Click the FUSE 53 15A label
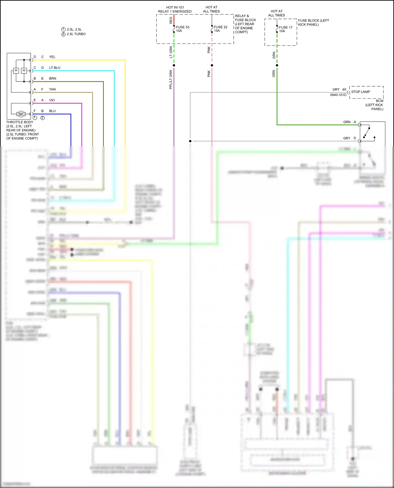[x=182, y=29]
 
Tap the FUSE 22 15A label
[x=220, y=29]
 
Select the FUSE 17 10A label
[x=285, y=29]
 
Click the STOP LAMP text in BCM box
[x=360, y=92]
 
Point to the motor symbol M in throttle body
[x=21, y=114]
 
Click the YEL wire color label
[x=52, y=57]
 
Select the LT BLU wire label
[x=55, y=68]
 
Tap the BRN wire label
[x=53, y=78]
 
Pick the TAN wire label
[x=52, y=89]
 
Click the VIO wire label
[x=52, y=100]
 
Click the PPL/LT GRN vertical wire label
[x=171, y=79]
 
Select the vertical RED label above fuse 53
[x=171, y=20]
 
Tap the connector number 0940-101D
[x=338, y=95]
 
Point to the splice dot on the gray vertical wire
[x=190, y=141]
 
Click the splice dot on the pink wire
[x=212, y=65]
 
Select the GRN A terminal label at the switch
[x=349, y=122]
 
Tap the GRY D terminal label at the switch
[x=349, y=138]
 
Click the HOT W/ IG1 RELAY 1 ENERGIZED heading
[x=175, y=9]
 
